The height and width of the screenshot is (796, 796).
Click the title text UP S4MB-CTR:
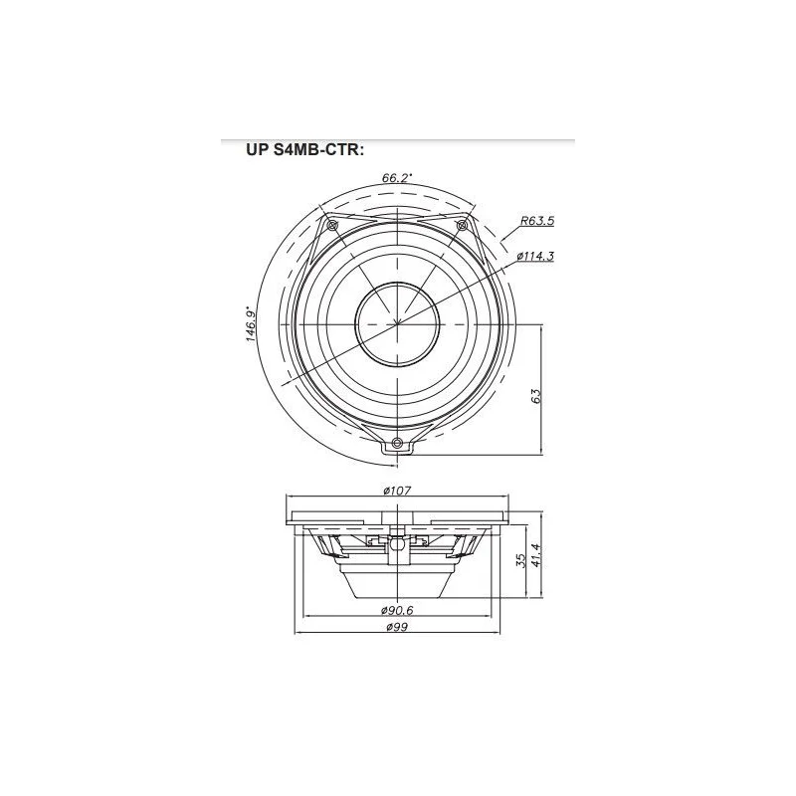coord(304,150)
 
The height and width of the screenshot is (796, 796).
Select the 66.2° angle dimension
coord(397,178)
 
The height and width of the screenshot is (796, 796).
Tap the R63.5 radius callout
coord(537,221)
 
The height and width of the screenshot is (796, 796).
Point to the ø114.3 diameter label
coord(535,257)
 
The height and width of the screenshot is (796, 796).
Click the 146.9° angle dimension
coord(251,323)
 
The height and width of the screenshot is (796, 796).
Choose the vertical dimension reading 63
coord(536,396)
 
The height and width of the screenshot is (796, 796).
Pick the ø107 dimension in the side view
coord(397,491)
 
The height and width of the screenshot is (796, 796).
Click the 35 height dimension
coord(520,560)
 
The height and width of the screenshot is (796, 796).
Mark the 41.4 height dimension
coord(537,555)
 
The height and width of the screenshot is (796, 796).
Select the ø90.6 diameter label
coord(397,610)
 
